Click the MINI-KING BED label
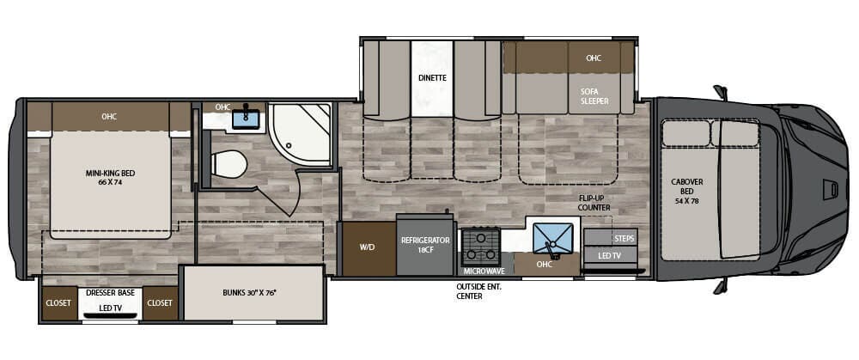tap(110, 178)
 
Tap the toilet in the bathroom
tap(228, 162)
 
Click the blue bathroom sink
tap(248, 119)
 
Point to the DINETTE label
tap(432, 77)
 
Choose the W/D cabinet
tap(366, 247)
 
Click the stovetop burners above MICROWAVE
tap(482, 246)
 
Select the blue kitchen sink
tap(552, 237)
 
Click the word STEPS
tap(624, 238)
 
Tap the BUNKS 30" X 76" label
tap(254, 293)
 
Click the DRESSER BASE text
tap(110, 293)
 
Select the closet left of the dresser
tap(59, 303)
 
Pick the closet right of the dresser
tap(160, 303)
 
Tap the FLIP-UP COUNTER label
tap(594, 203)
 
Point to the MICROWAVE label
tap(484, 271)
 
